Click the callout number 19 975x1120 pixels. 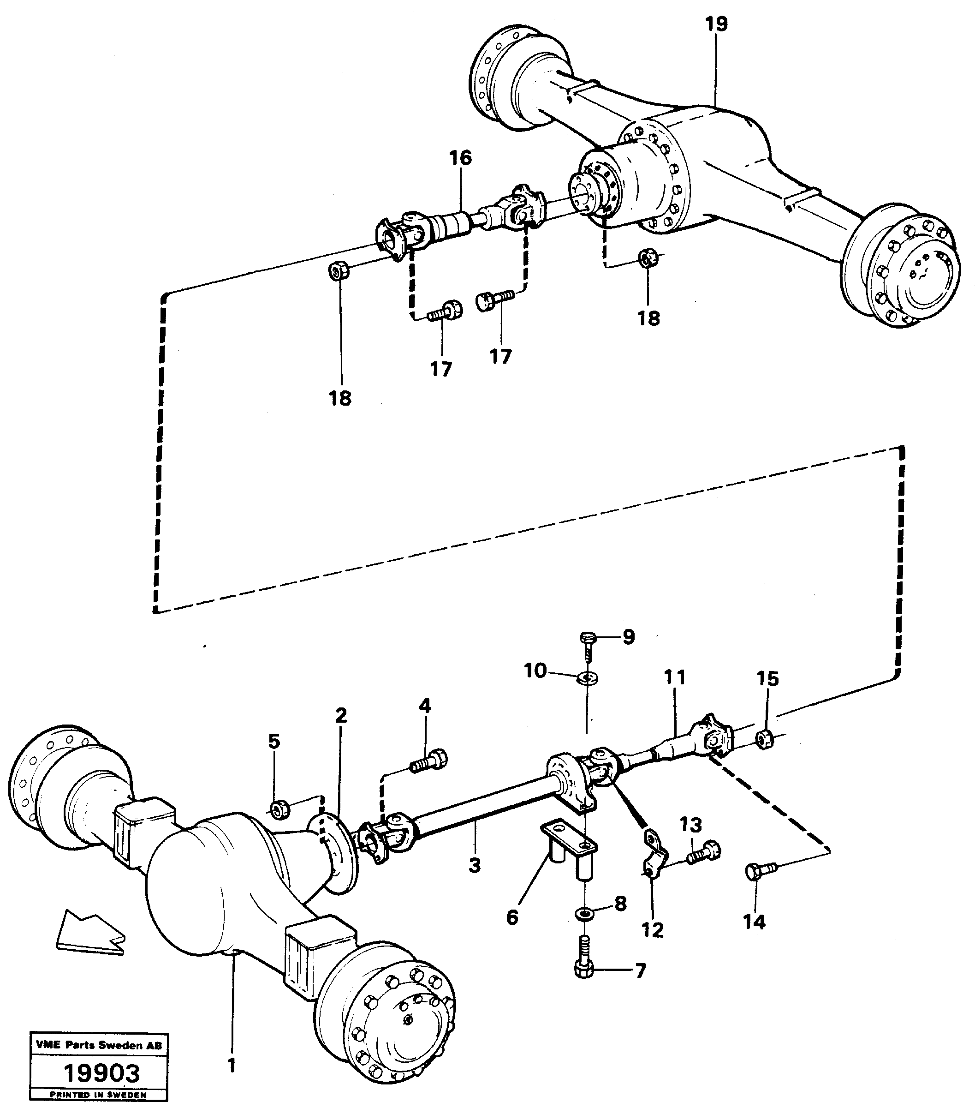[x=716, y=24]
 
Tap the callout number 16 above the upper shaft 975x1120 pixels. [x=460, y=158]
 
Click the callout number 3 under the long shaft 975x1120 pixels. [x=475, y=865]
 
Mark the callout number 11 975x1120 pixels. [x=675, y=677]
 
